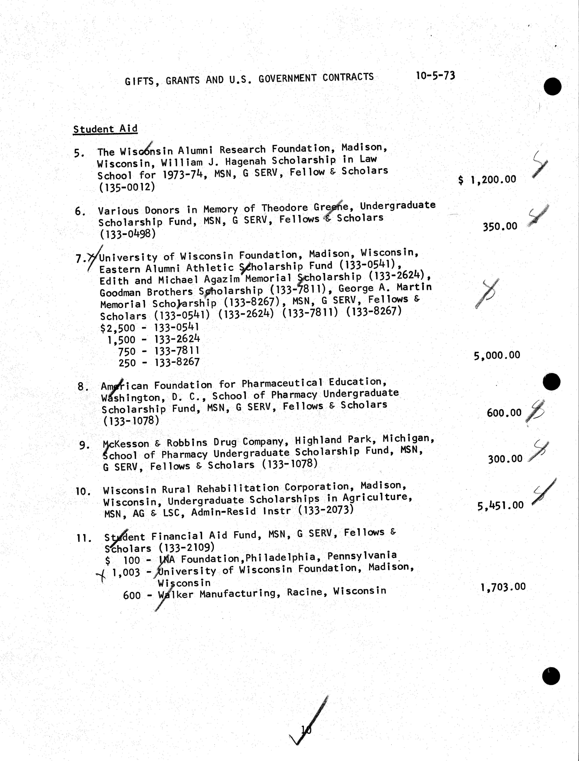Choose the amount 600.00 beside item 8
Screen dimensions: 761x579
coord(504,412)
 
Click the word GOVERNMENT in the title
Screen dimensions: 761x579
coord(287,78)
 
